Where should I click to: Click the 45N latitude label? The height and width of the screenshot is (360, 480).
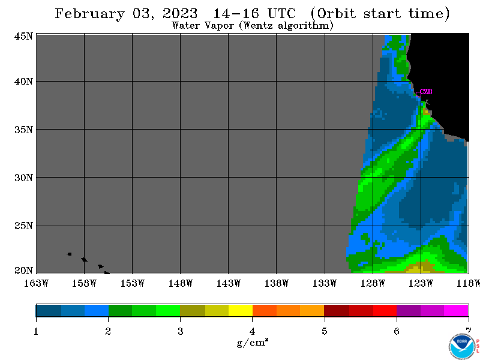[23, 36]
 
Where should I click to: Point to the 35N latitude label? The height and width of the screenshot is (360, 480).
[23, 130]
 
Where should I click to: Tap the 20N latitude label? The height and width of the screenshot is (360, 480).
[23, 271]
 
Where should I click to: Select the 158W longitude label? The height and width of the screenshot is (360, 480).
[84, 283]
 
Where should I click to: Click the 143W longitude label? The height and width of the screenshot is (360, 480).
[229, 283]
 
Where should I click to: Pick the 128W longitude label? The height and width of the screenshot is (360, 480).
[373, 283]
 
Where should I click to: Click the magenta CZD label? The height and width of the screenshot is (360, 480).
[426, 92]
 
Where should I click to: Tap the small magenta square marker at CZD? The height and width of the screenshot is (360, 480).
[418, 94]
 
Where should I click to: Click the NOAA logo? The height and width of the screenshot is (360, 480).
[461, 346]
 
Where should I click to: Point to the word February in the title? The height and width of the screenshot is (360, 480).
[89, 14]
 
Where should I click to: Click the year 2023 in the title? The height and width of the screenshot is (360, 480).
[180, 13]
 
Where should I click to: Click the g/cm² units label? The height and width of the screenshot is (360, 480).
[253, 343]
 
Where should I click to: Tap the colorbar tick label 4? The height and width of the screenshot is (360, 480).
[252, 331]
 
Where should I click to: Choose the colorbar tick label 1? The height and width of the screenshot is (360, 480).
[36, 331]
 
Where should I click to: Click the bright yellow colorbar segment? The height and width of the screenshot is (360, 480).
[241, 310]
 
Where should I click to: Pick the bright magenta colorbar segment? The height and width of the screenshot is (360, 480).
[456, 310]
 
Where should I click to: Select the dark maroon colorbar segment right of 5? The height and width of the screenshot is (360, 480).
[337, 310]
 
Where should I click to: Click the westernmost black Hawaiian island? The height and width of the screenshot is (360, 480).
[69, 254]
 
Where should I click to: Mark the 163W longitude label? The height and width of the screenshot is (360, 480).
[36, 283]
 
